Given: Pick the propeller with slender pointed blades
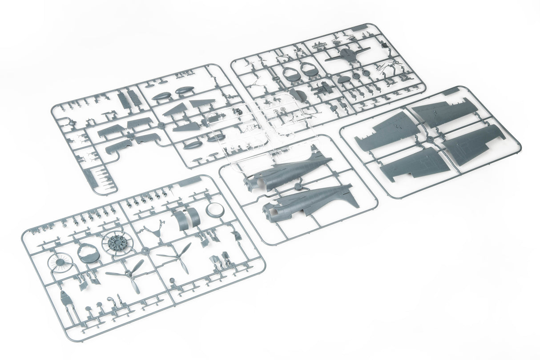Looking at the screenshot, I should pos(175,257).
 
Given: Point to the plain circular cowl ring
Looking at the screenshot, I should pos(215,210).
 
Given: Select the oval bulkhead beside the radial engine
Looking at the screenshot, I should pos(88,253).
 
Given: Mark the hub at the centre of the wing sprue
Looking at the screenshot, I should pos(429,139).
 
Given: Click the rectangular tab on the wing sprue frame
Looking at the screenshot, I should pos(451,91).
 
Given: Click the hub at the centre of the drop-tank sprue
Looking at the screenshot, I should pos(161,126).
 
